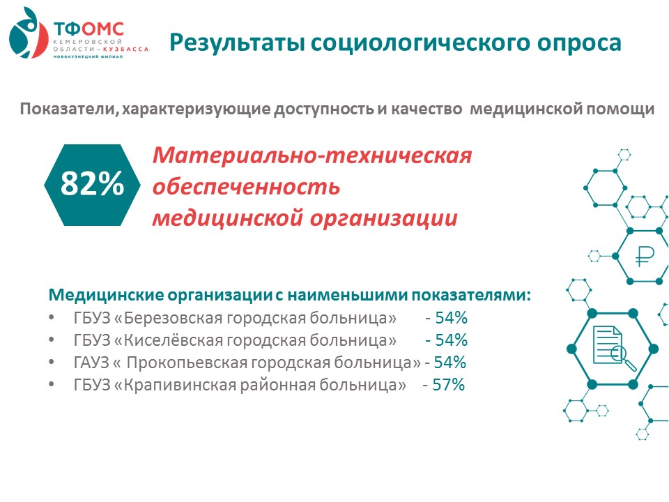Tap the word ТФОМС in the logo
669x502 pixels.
pos(89,29)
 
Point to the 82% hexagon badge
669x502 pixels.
pos(92,185)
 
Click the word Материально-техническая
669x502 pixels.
pos(312,155)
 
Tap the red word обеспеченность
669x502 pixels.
pos(246,186)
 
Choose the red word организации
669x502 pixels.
pos(383,218)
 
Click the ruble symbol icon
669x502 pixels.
pos(644,257)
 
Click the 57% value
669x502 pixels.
pos(448,385)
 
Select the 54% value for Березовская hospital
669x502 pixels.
pos(451,318)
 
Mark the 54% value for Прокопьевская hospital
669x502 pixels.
pos(449,363)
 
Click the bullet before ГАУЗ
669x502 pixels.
pos(52,362)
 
